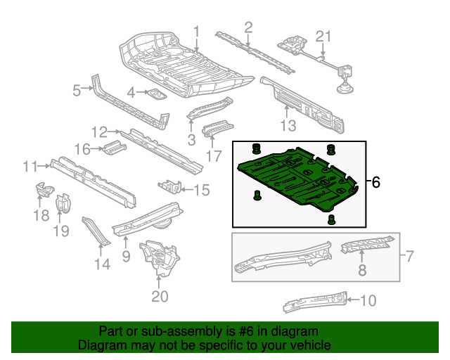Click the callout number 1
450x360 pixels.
click(x=197, y=31)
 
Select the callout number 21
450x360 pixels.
click(x=322, y=37)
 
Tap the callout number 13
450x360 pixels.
click(x=289, y=126)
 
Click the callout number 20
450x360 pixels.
click(x=160, y=297)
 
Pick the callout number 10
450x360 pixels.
click(x=368, y=301)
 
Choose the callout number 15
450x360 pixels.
click(x=201, y=188)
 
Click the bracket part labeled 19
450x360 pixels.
click(x=63, y=204)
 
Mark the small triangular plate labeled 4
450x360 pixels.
click(x=154, y=94)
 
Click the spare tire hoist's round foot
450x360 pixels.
click(x=345, y=89)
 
